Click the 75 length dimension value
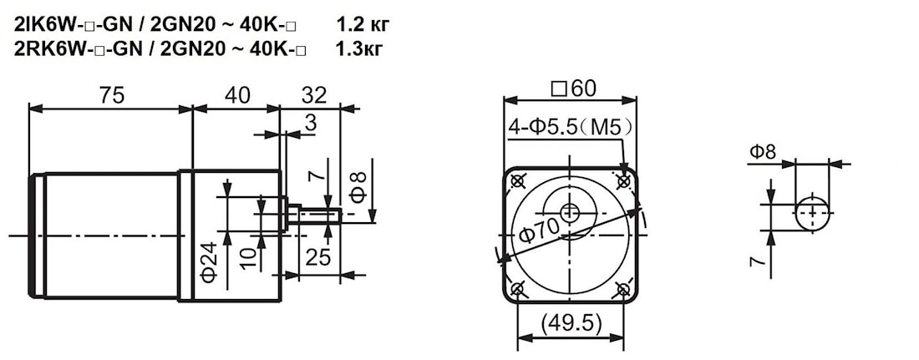(111, 95)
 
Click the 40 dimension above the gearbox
(237, 95)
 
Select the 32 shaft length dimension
(313, 95)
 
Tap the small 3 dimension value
(310, 123)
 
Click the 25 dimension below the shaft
(317, 256)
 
